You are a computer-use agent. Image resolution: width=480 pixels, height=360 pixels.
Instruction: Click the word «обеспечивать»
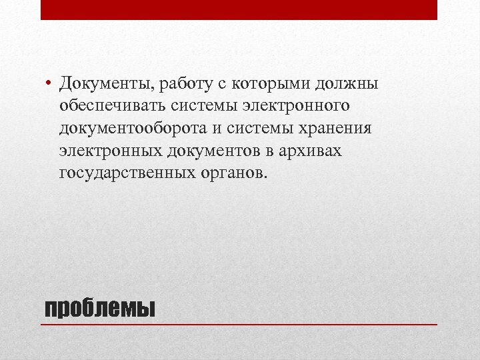pyautogui.click(x=111, y=107)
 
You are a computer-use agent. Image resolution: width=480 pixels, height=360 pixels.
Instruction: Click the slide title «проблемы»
pyautogui.click(x=98, y=308)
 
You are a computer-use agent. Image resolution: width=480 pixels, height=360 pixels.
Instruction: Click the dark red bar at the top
pyautogui.click(x=239, y=10)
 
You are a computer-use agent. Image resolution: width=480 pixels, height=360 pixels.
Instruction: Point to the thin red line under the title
pyautogui.click(x=239, y=324)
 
